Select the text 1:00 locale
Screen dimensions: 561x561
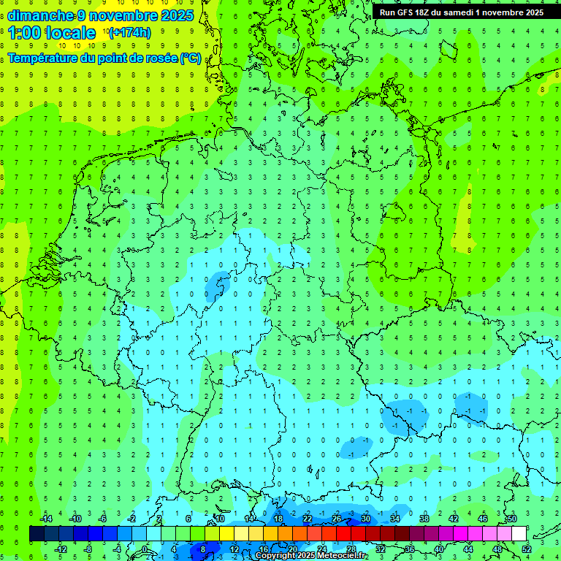(x=52, y=33)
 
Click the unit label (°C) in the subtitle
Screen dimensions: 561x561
(x=190, y=58)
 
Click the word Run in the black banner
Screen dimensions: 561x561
(x=388, y=12)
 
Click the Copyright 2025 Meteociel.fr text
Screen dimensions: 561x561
(x=311, y=556)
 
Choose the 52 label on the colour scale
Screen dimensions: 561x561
(x=527, y=549)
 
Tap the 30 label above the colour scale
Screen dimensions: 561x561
(x=366, y=519)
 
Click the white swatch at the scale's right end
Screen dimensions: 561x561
(x=519, y=534)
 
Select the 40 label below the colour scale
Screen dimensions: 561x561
(x=439, y=549)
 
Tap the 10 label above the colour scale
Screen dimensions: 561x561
(x=220, y=519)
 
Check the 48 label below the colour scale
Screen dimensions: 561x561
(x=497, y=549)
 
